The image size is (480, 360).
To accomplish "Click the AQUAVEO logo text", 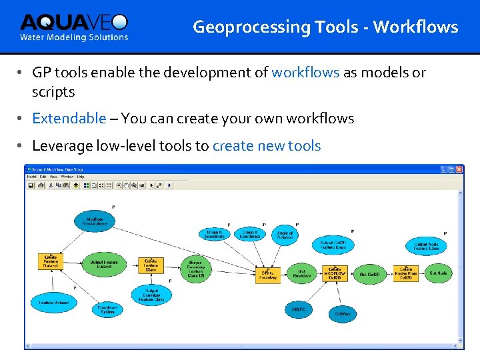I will tap(73, 23).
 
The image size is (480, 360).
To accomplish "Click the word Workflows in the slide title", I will tap(415, 27).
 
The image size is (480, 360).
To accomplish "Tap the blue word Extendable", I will tap(69, 119).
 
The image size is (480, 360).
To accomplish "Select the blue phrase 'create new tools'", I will tap(267, 146).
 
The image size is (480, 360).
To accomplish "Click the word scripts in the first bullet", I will tap(53, 92).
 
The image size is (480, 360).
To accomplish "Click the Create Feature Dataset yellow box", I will tap(51, 261).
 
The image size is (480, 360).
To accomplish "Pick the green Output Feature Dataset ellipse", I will tap(103, 265).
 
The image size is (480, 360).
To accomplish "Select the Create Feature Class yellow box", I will tap(150, 265).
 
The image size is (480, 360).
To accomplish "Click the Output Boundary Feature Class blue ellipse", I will tap(151, 295).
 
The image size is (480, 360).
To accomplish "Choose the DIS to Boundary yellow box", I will tap(268, 275).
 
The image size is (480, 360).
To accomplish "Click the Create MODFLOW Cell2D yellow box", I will tap(335, 273).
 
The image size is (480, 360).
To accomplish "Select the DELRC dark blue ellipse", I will tap(298, 309).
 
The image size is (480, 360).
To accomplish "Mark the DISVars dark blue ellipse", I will tap(343, 313).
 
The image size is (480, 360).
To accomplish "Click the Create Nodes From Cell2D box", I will tap(405, 273).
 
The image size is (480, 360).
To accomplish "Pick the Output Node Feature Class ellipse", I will tap(425, 247).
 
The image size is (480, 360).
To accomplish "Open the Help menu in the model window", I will tap(81, 177).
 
